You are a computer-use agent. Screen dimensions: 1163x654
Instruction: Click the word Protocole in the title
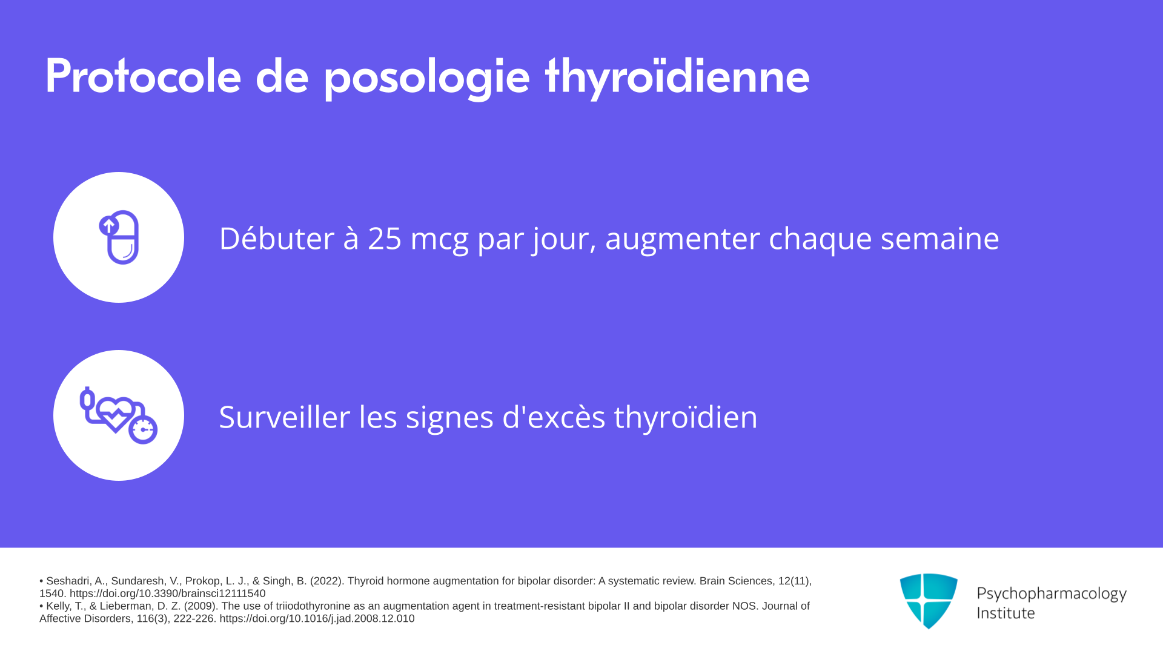point(144,76)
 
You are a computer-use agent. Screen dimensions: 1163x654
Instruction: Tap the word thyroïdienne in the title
point(677,78)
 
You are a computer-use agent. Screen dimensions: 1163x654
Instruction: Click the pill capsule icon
point(119,237)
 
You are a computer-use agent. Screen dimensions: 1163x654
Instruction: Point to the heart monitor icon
point(119,415)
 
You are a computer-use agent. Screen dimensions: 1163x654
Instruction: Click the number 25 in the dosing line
point(385,238)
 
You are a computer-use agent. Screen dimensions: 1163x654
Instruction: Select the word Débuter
point(276,237)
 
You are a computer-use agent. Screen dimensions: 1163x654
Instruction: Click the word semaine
point(939,238)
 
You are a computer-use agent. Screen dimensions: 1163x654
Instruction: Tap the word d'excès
point(554,417)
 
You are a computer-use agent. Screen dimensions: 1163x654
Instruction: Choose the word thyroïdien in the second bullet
point(686,418)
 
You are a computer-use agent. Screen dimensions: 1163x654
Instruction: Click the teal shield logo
point(929,601)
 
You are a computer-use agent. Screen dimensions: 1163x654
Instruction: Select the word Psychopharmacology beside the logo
point(1052,594)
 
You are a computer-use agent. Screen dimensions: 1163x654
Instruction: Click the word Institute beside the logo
point(1006,613)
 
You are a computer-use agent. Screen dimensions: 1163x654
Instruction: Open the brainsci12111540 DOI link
point(167,593)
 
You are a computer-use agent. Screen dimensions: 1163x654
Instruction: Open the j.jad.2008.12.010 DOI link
point(317,619)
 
